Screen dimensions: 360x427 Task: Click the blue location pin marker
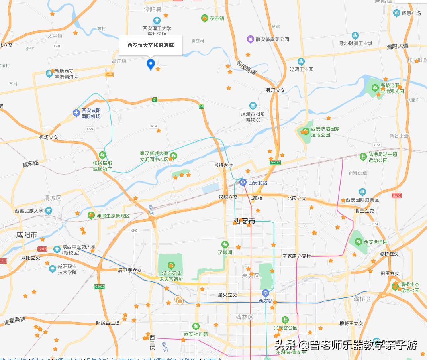coord(151,64)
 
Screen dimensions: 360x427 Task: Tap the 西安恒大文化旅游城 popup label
coord(151,45)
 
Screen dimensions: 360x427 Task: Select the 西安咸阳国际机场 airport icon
coord(77,113)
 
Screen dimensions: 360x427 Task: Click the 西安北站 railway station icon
coord(243,183)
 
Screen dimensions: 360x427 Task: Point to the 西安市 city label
coord(244,222)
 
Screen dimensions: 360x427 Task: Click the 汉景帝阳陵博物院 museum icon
coord(253,106)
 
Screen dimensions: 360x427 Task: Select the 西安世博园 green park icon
coord(358,242)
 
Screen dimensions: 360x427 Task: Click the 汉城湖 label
coord(225,252)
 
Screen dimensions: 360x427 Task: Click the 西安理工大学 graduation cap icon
coord(157,20)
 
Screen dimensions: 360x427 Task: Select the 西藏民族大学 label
coord(29,211)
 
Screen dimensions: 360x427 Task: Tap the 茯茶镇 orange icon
coord(204,18)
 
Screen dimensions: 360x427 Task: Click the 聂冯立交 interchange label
coord(276,90)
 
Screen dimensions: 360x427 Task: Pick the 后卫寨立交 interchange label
coord(130,270)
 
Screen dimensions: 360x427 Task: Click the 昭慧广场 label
coord(411,13)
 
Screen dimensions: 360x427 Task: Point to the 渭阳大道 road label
coord(398,46)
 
